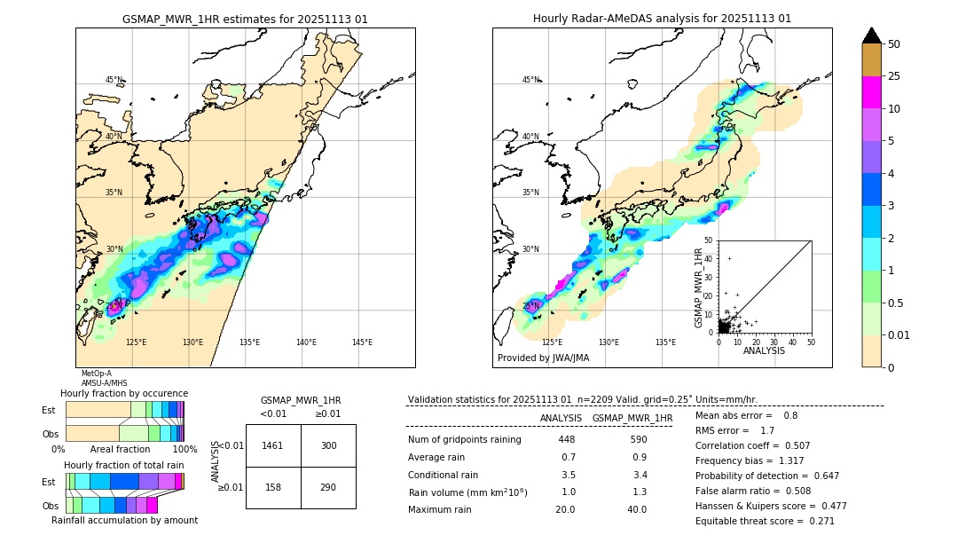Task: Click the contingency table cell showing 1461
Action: [273, 445]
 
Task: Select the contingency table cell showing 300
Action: [328, 445]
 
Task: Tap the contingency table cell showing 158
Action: [273, 487]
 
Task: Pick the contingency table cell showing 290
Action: [328, 487]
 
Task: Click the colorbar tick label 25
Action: [895, 77]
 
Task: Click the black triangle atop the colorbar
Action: [871, 35]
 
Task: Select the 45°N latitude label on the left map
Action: [114, 80]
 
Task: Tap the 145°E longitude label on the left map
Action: [362, 342]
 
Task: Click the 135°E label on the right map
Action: [665, 342]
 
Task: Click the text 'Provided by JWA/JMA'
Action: [543, 358]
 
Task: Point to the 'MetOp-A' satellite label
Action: [96, 374]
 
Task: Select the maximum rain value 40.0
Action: [637, 509]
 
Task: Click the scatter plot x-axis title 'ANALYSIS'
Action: [764, 350]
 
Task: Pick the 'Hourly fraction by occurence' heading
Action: [124, 393]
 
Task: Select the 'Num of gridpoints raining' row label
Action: [464, 440]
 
